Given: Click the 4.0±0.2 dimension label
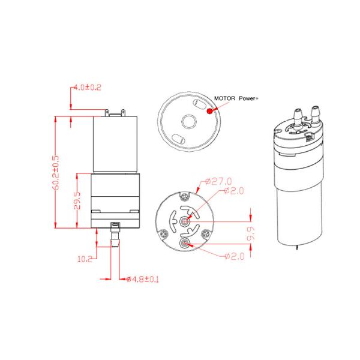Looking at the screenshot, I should (x=88, y=87).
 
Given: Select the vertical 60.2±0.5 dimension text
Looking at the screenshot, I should (x=56, y=172).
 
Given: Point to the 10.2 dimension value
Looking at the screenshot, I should (x=85, y=259).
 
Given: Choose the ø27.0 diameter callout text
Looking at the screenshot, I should (x=218, y=180).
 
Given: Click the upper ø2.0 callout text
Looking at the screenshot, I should (x=235, y=191).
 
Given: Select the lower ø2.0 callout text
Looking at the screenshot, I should (x=235, y=257).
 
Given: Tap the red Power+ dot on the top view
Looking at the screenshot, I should (x=209, y=110).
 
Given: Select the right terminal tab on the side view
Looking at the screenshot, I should (x=124, y=112).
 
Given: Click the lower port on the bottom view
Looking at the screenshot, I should (x=186, y=242).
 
